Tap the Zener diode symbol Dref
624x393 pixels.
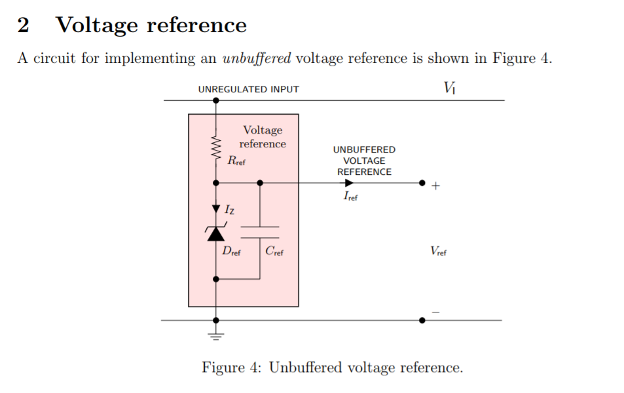216,233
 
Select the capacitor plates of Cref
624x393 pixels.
260,232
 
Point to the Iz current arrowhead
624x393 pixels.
216,209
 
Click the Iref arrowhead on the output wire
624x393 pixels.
350,183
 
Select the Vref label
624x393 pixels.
438,251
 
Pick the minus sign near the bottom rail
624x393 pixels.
436,312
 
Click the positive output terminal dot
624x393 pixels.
422,183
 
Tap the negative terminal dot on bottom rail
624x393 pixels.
422,320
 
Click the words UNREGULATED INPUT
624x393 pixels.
248,89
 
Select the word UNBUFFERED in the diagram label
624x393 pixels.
364,149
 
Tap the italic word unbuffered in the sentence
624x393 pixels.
257,58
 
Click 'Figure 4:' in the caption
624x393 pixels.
232,367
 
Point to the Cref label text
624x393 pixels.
274,252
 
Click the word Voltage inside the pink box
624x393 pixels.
263,130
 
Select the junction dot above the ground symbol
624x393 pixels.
216,320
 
